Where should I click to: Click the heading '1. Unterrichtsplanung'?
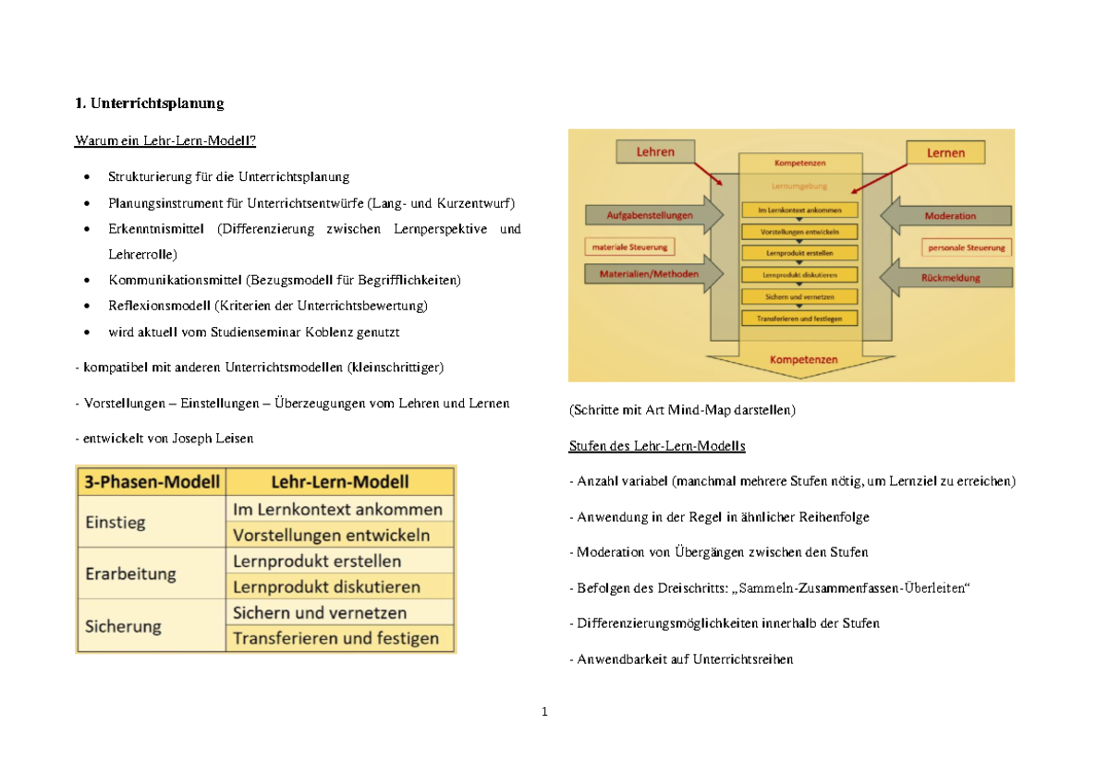(x=149, y=103)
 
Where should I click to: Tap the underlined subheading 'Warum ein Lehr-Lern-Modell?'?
(x=165, y=141)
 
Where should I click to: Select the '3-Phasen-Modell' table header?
(x=152, y=481)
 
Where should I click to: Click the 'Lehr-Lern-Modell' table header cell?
(x=339, y=481)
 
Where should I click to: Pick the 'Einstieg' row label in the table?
(x=116, y=522)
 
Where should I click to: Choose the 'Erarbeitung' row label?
(x=130, y=573)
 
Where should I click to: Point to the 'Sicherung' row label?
(x=123, y=625)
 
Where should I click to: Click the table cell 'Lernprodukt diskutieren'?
(x=326, y=586)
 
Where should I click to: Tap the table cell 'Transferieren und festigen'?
(x=336, y=638)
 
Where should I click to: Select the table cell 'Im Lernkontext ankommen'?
(x=337, y=509)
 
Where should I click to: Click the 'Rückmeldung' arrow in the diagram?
(x=949, y=277)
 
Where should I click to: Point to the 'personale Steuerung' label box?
(x=967, y=247)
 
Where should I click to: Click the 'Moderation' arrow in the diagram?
(x=949, y=216)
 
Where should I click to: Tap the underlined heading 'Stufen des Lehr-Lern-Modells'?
(x=657, y=446)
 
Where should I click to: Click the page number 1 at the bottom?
(x=545, y=712)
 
